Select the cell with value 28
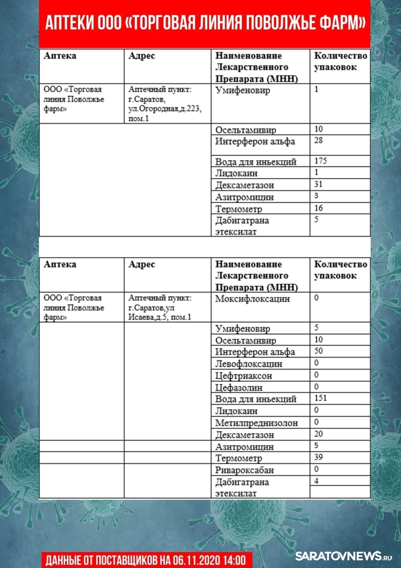point(319,141)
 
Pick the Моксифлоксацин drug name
point(253,299)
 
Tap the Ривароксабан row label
point(245,470)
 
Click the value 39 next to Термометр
point(319,457)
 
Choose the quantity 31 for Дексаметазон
point(318,184)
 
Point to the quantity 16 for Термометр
point(318,208)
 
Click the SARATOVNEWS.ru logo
point(344,556)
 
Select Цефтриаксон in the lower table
point(244,376)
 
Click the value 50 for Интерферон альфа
point(319,351)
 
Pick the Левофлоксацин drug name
point(249,364)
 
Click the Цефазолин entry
point(239,387)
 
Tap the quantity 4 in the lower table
point(316,481)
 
